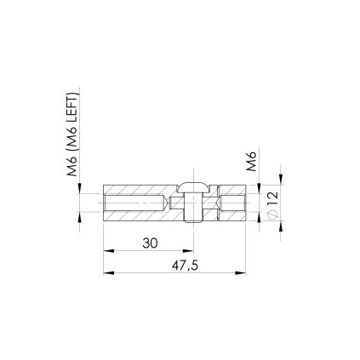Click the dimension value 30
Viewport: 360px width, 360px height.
[150, 243]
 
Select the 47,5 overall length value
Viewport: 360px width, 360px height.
[185, 266]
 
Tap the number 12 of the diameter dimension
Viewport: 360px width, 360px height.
[272, 198]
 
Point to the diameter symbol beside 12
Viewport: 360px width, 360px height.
[272, 214]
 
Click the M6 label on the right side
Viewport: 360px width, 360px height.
[251, 161]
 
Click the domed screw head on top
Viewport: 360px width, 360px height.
[194, 187]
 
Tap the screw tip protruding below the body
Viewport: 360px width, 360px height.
[193, 220]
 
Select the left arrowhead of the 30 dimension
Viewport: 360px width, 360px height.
[108, 251]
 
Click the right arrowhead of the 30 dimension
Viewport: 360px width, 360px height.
[188, 251]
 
